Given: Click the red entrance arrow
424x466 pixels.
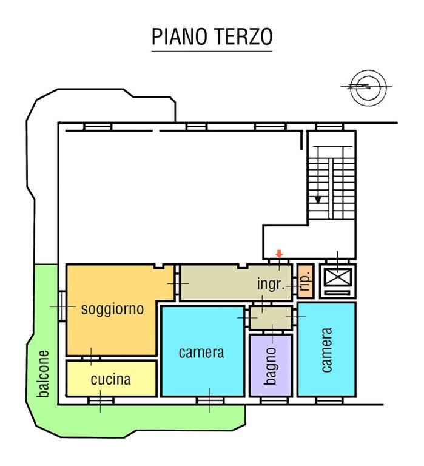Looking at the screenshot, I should point(279,254).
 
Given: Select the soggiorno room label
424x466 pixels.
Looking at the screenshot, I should point(112,309).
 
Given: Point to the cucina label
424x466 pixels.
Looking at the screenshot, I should point(110,380).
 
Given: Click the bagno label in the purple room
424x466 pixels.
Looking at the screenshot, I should point(271,366).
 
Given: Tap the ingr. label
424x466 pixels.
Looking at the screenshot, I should point(271,284).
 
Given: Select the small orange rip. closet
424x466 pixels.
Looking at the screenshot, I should point(305,281).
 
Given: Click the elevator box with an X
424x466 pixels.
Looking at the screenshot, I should point(337,277).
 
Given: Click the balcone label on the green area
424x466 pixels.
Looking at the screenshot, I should point(43,374).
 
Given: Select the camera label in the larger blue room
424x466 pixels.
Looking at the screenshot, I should point(201,352).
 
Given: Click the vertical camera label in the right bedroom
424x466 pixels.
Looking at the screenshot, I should point(326,350).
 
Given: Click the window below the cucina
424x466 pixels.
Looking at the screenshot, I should point(100,400).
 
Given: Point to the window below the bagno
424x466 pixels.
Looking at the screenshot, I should point(271,400).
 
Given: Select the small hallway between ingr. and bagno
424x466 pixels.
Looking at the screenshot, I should point(271,318).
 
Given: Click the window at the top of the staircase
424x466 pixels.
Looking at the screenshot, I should point(329,126).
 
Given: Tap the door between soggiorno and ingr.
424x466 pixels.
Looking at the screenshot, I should point(177,283).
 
